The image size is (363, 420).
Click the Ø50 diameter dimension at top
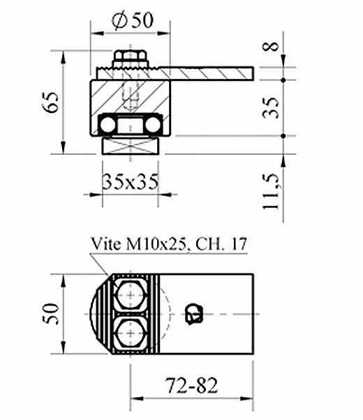[x=132, y=21]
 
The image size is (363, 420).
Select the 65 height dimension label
[x=50, y=106]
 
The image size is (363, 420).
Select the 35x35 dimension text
[x=130, y=183]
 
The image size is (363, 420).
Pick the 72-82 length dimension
[x=191, y=384]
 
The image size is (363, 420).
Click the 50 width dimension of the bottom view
[x=50, y=314]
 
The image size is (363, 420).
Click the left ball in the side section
[x=108, y=126]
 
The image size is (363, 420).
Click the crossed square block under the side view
[x=131, y=147]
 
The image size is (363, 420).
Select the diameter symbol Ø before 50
[x=118, y=21]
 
